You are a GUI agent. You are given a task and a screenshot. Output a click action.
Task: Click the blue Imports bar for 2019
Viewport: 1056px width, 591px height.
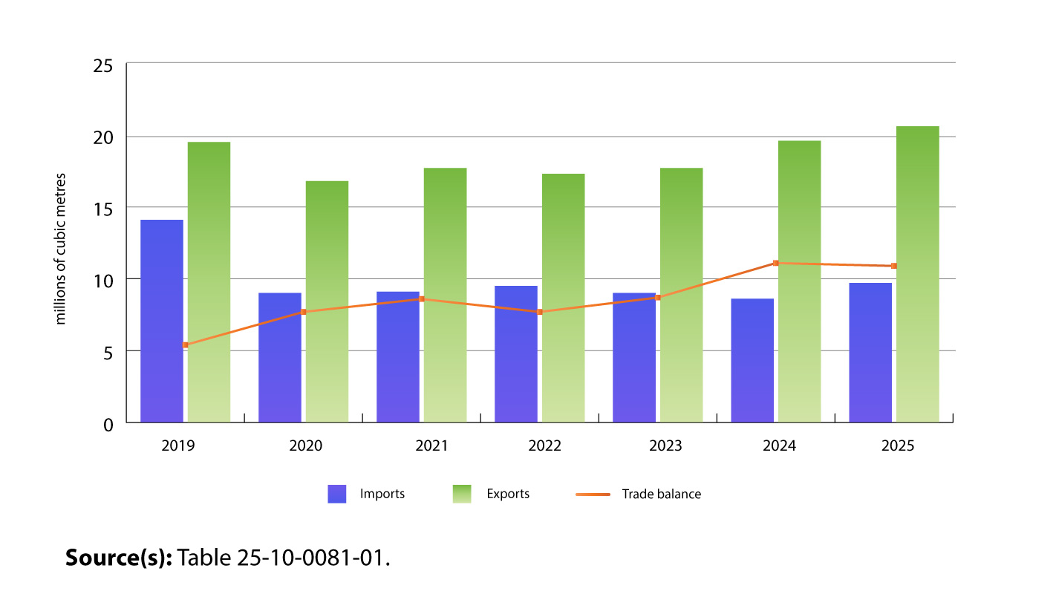coord(162,321)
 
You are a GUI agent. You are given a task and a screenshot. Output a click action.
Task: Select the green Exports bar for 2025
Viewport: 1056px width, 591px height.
coord(917,274)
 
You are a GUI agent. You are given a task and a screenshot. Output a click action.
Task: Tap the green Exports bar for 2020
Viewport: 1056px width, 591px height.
coord(327,301)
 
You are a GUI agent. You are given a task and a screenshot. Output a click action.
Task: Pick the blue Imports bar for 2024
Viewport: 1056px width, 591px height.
coord(752,360)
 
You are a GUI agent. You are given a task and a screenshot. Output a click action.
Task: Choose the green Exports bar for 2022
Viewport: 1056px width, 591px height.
coord(563,298)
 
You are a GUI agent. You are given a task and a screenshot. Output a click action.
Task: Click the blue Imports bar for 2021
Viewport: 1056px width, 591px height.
coord(398,356)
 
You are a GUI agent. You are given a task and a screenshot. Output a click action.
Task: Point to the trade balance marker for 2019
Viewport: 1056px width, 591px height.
coord(185,345)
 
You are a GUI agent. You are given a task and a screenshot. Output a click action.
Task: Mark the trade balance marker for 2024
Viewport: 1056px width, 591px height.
coord(775,263)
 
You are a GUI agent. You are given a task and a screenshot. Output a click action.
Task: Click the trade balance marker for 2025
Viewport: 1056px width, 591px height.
coord(893,266)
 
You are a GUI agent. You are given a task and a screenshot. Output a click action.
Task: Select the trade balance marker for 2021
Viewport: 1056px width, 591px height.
coord(421,299)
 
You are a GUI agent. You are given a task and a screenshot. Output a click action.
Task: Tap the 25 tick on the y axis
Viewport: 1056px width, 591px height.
coord(103,66)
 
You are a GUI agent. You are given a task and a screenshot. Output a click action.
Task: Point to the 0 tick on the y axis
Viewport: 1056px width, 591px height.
coord(108,424)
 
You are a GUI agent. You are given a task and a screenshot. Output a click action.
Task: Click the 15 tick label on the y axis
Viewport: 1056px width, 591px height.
coord(103,209)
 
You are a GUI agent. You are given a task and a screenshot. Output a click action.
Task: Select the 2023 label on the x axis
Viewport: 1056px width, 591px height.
coord(665,446)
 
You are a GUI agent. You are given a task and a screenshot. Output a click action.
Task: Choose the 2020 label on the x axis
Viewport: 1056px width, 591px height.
coord(305,446)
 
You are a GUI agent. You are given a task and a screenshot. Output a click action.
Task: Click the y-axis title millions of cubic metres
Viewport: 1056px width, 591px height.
coord(62,249)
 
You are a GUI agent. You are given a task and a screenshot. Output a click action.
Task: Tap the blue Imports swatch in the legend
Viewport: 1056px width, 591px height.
coord(337,494)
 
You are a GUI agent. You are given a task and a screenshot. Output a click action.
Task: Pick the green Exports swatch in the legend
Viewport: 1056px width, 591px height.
coord(462,494)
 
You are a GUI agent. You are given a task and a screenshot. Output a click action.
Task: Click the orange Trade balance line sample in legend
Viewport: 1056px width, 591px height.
coord(593,494)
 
